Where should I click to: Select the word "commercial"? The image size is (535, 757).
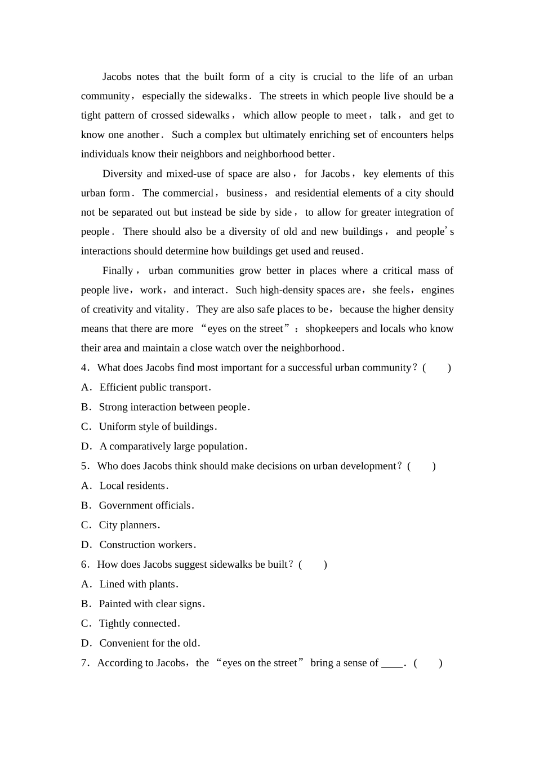(x=188, y=193)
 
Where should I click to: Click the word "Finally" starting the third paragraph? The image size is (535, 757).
(x=118, y=271)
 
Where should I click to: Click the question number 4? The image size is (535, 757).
(x=84, y=368)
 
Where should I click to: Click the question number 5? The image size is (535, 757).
(x=84, y=466)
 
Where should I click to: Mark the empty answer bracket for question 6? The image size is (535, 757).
(x=313, y=565)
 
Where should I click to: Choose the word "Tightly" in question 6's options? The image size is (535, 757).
(x=114, y=624)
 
